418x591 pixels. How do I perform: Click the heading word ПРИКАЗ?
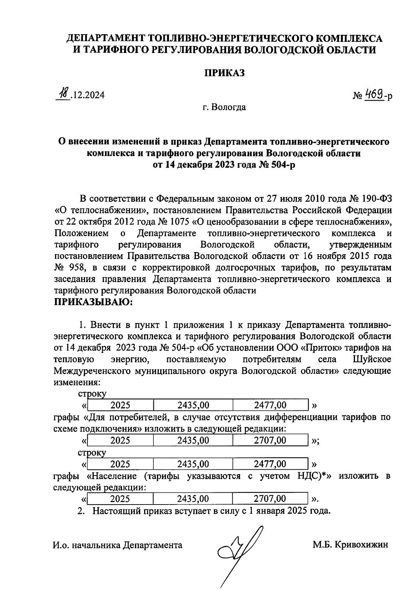pos(224,73)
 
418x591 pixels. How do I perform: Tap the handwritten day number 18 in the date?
pos(63,94)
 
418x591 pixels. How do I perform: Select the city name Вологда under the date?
pos(229,107)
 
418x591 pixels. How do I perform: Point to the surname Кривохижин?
pos(361,545)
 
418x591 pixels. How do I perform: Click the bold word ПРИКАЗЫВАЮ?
pos(93,302)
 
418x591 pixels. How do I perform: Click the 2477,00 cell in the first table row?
pos(270,405)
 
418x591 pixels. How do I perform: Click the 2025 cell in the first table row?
pos(120,405)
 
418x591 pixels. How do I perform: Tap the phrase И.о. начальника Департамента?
pos(117,545)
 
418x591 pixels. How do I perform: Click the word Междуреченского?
pos(93,371)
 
